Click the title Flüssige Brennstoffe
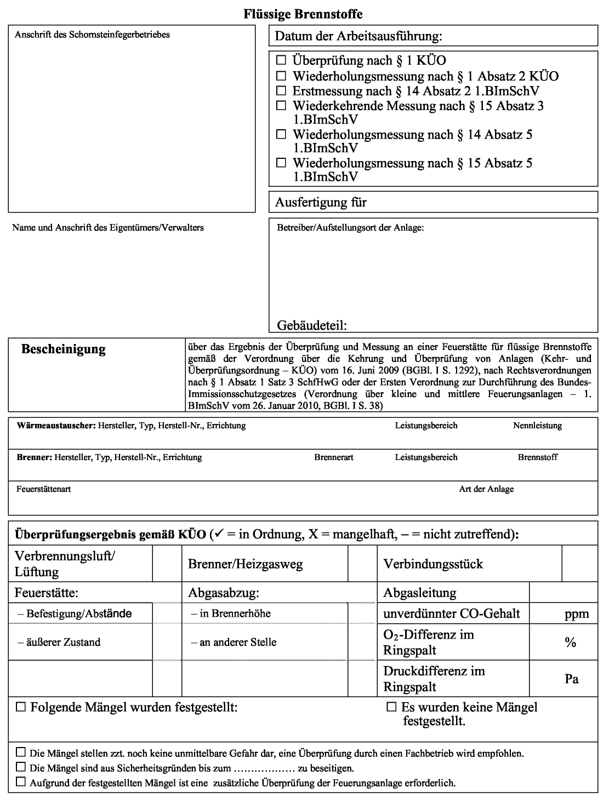pos(303,14)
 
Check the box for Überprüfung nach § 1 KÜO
pos(281,60)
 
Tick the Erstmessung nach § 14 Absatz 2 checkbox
pos(281,90)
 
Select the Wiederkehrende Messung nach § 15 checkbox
pos(281,105)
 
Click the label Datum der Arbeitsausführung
pos(358,37)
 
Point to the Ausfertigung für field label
pos(321,202)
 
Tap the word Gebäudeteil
pos(312,325)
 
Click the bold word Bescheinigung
pos(64,349)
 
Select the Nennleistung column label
pos(537,426)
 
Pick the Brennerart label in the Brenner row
pos(334,457)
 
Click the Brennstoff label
pos(538,457)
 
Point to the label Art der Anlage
pos(486,489)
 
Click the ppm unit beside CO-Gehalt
pos(577,613)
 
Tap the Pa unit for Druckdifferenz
pos(572,679)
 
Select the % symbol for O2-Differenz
pos(571,642)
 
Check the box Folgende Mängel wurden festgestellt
pos(21,707)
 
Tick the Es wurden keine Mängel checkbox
pos(391,707)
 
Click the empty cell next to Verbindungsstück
pos(579,564)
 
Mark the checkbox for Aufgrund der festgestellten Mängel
pos(21,782)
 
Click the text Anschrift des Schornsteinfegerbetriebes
pos(93,35)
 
